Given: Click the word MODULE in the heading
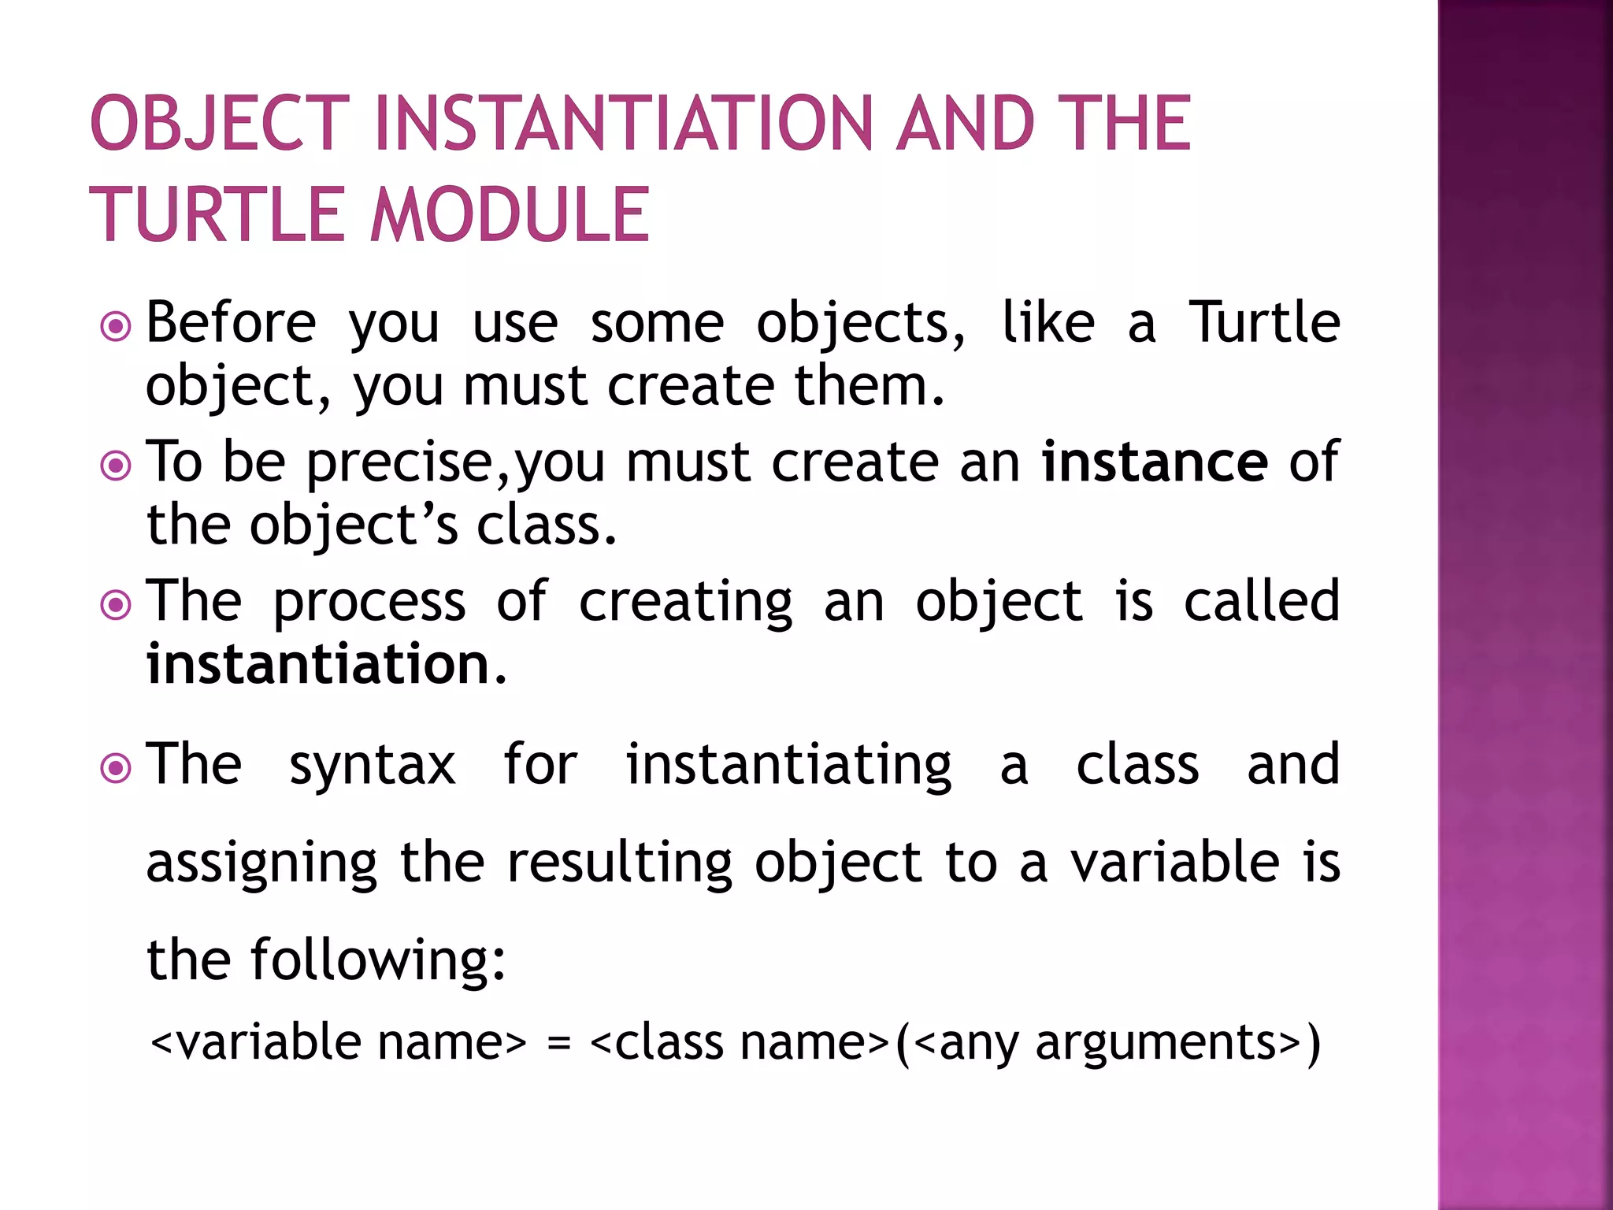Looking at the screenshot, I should click(510, 214).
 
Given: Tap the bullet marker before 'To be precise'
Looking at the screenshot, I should click(117, 466).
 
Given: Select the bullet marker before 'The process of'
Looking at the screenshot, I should click(117, 605).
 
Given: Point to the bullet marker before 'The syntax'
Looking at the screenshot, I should click(117, 768).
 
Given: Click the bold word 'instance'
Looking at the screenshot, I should click(1155, 462).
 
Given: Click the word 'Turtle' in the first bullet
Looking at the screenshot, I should click(1264, 323).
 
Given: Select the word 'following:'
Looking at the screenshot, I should click(378, 960).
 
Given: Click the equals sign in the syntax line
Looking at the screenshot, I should click(558, 1045).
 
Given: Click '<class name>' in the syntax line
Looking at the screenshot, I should click(740, 1043).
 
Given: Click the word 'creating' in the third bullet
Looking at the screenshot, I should click(685, 603).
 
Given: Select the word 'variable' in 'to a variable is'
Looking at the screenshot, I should click(1174, 863).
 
